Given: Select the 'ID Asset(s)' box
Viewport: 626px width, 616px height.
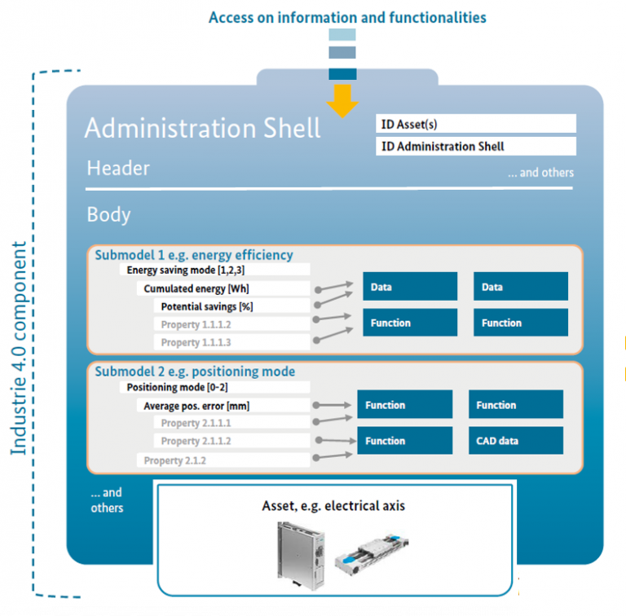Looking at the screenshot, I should pos(476,124).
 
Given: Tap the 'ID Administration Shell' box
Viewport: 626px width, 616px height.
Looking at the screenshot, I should pos(476,147).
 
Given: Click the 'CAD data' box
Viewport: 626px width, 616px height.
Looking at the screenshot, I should pos(515,441).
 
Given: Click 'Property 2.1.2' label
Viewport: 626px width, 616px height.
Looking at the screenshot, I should pos(175,460).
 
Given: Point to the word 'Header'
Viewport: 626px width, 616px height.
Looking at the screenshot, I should pos(119,168).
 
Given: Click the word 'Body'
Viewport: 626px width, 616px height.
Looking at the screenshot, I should pos(108,214).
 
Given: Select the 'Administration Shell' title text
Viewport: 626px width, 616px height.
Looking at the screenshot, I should pos(203,128).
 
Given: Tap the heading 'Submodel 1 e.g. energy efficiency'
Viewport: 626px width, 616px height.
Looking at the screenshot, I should pos(194,255).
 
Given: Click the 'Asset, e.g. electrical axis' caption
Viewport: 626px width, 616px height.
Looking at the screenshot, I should pos(333,506).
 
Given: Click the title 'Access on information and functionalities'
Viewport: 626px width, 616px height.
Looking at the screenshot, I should pos(348,17).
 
